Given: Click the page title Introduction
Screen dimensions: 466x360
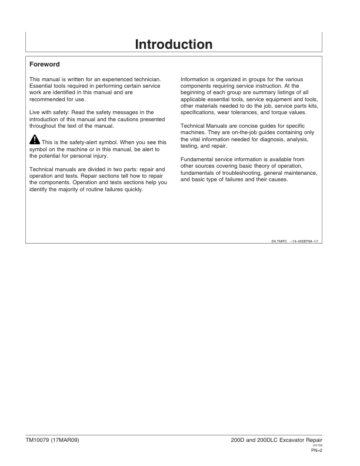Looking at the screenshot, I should tap(174, 44).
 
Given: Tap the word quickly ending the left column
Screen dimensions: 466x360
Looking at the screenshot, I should tap(133, 189).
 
